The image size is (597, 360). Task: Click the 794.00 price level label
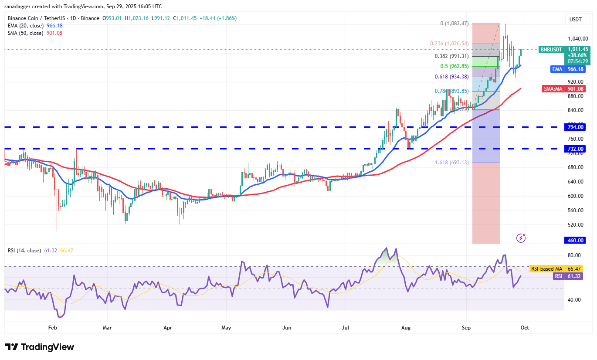point(575,127)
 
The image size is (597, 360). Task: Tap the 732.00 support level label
point(575,149)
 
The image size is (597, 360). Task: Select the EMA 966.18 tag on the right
point(575,69)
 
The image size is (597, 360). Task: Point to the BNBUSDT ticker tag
point(551,50)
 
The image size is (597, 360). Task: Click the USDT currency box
point(576,20)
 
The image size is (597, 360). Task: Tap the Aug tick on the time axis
point(406,327)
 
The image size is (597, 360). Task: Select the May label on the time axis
point(226,327)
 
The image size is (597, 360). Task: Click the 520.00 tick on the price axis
point(575,225)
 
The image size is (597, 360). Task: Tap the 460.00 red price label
point(575,240)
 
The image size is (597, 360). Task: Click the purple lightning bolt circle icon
point(521,238)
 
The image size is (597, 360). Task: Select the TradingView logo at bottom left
point(40,347)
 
